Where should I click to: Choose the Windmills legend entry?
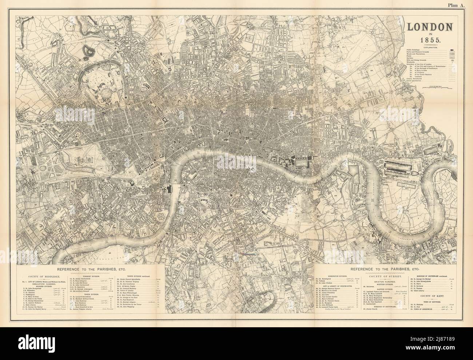pyautogui.click(x=412, y=62)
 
